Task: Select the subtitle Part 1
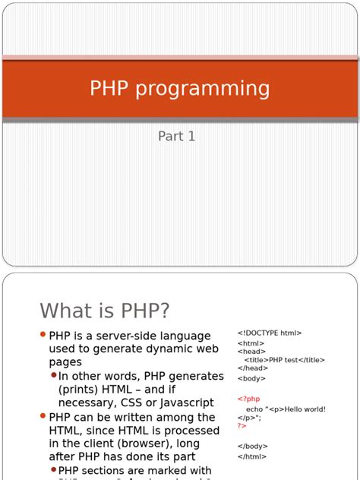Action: pos(177,137)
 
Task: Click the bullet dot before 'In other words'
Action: pos(54,375)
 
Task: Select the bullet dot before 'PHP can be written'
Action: pos(43,416)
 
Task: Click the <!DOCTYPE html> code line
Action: pos(269,333)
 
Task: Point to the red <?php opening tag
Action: pos(248,399)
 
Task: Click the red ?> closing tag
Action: pos(242,426)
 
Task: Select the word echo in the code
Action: pos(254,409)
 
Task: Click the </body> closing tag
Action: pos(252,447)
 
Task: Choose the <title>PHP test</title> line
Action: pos(284,360)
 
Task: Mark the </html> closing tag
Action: pos(252,456)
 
